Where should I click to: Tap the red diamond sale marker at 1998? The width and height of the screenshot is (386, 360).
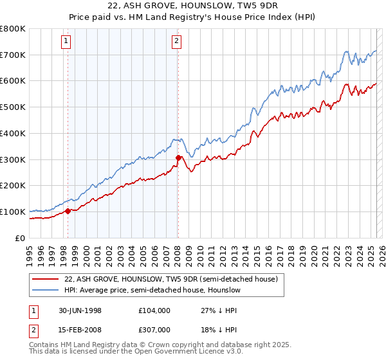pos(68,210)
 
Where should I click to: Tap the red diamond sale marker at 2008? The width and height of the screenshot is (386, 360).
pos(178,157)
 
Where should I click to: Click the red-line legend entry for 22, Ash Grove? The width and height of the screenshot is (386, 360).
pos(170,279)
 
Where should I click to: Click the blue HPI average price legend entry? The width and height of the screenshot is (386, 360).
pos(152,291)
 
